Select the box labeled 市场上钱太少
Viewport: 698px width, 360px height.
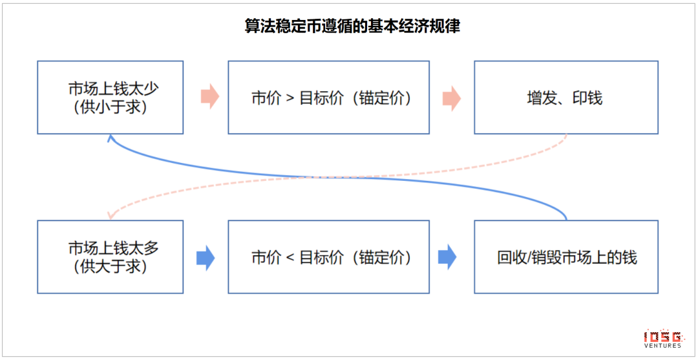pyautogui.click(x=111, y=98)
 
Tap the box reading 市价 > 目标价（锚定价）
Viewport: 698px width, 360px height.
pyautogui.click(x=328, y=98)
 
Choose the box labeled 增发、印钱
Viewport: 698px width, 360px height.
pyautogui.click(x=566, y=98)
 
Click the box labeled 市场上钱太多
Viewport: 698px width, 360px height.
pyautogui.click(x=111, y=257)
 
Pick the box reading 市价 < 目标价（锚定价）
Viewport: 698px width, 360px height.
pyautogui.click(x=328, y=257)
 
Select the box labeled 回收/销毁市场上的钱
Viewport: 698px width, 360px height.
pyautogui.click(x=566, y=257)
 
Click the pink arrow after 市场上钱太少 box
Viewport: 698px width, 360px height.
pyautogui.click(x=210, y=98)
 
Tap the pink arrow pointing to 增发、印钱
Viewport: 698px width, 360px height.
pyautogui.click(x=452, y=98)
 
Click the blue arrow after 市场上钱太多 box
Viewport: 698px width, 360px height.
pyautogui.click(x=206, y=258)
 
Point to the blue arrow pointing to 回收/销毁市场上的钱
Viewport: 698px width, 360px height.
pyautogui.click(x=447, y=258)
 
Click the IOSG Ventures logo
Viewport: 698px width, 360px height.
pyautogui.click(x=663, y=339)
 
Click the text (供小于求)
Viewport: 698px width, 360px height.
pyautogui.click(x=111, y=107)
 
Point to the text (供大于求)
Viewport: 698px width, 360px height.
pyautogui.click(x=111, y=266)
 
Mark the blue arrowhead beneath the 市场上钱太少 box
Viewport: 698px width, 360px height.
pyautogui.click(x=111, y=139)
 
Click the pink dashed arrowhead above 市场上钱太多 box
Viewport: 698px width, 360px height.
pyautogui.click(x=111, y=215)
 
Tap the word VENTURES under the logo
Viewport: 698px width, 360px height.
pyautogui.click(x=663, y=345)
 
